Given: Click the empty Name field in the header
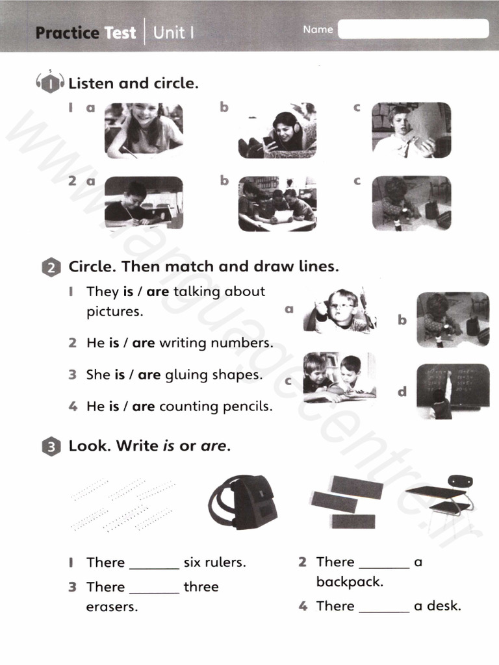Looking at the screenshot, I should tap(413, 29).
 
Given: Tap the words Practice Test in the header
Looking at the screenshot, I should tap(85, 32).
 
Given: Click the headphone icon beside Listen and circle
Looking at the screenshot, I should tap(49, 83).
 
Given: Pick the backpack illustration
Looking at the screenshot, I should tap(244, 501).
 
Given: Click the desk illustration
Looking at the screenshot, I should tap(439, 497).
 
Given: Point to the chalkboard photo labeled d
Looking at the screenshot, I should tap(453, 390).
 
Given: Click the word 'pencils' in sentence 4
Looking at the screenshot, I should tap(248, 407).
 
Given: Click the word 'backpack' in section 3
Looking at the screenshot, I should tap(350, 582).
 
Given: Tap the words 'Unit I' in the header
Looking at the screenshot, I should tap(173, 32).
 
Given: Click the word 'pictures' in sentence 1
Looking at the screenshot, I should tap(114, 311).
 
